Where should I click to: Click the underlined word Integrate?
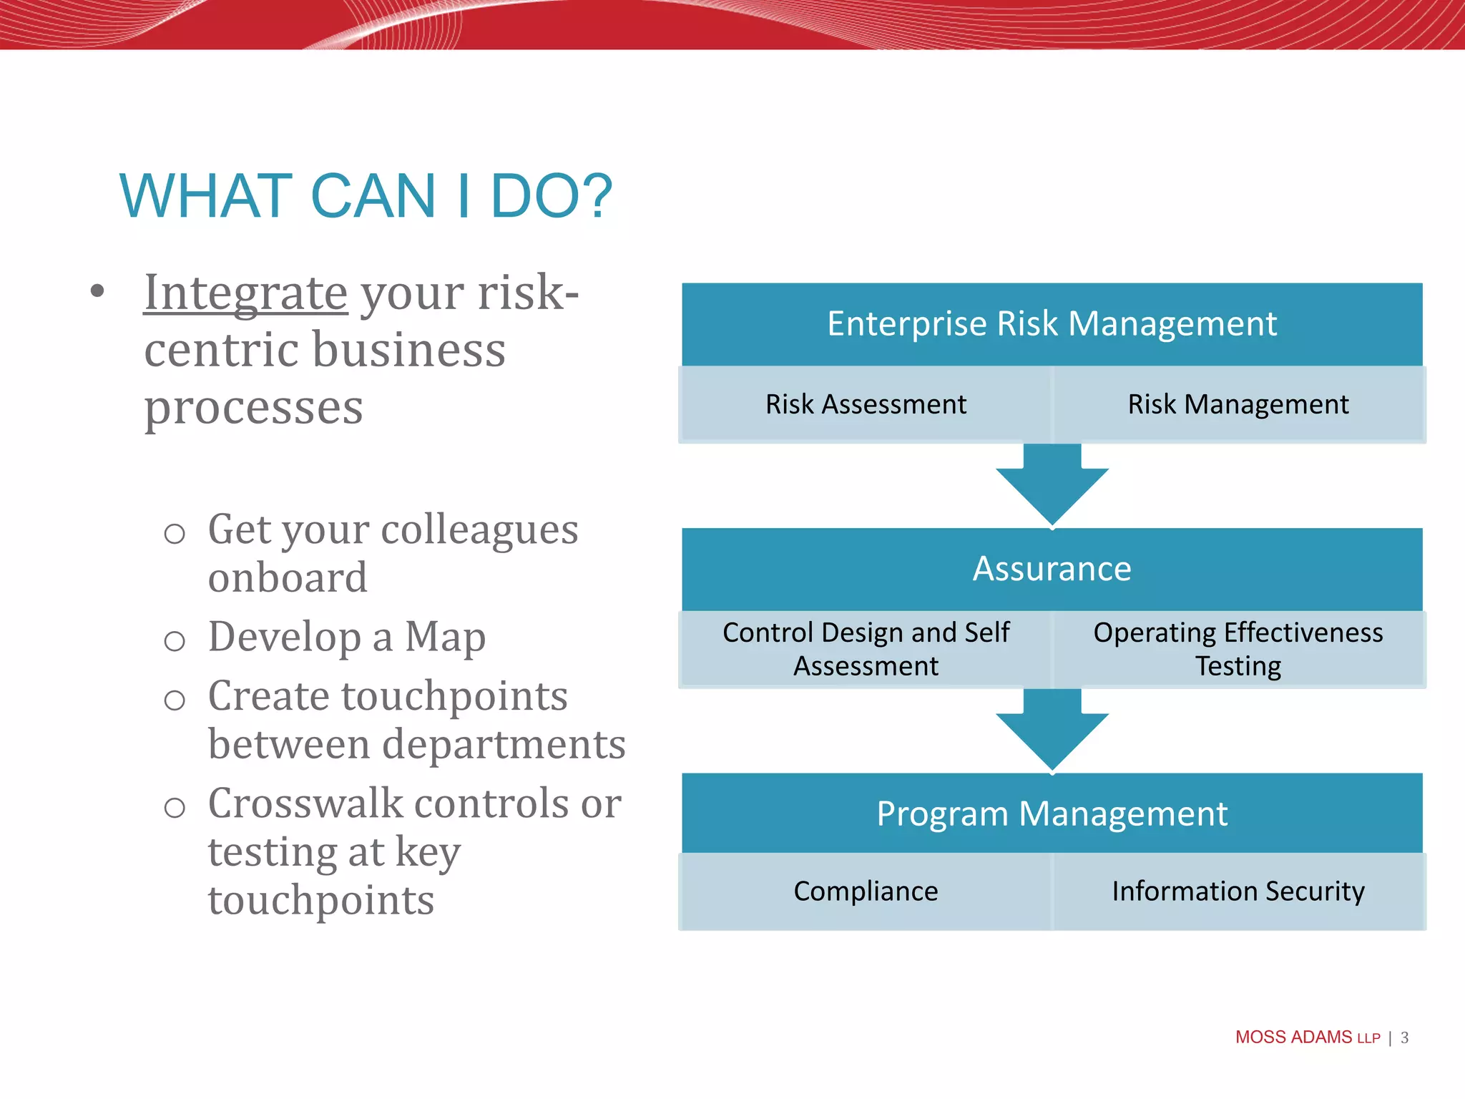click(x=245, y=293)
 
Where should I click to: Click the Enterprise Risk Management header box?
click(x=1052, y=324)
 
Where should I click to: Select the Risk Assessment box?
click(x=866, y=404)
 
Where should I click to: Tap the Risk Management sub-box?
click(x=1239, y=404)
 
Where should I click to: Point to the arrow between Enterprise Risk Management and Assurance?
click(x=1052, y=484)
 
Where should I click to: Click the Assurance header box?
click(x=1052, y=570)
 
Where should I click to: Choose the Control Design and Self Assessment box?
click(x=866, y=650)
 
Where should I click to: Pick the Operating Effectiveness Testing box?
click(x=1239, y=650)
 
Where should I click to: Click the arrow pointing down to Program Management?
click(x=1052, y=730)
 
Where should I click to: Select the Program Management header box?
click(x=1052, y=814)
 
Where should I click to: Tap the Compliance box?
click(x=866, y=892)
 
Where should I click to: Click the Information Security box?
click(x=1239, y=892)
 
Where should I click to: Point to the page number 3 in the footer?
click(x=1405, y=1037)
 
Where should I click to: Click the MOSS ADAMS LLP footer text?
click(x=1308, y=1037)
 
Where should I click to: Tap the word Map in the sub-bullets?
click(x=445, y=638)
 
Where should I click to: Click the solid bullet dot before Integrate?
click(x=98, y=291)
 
